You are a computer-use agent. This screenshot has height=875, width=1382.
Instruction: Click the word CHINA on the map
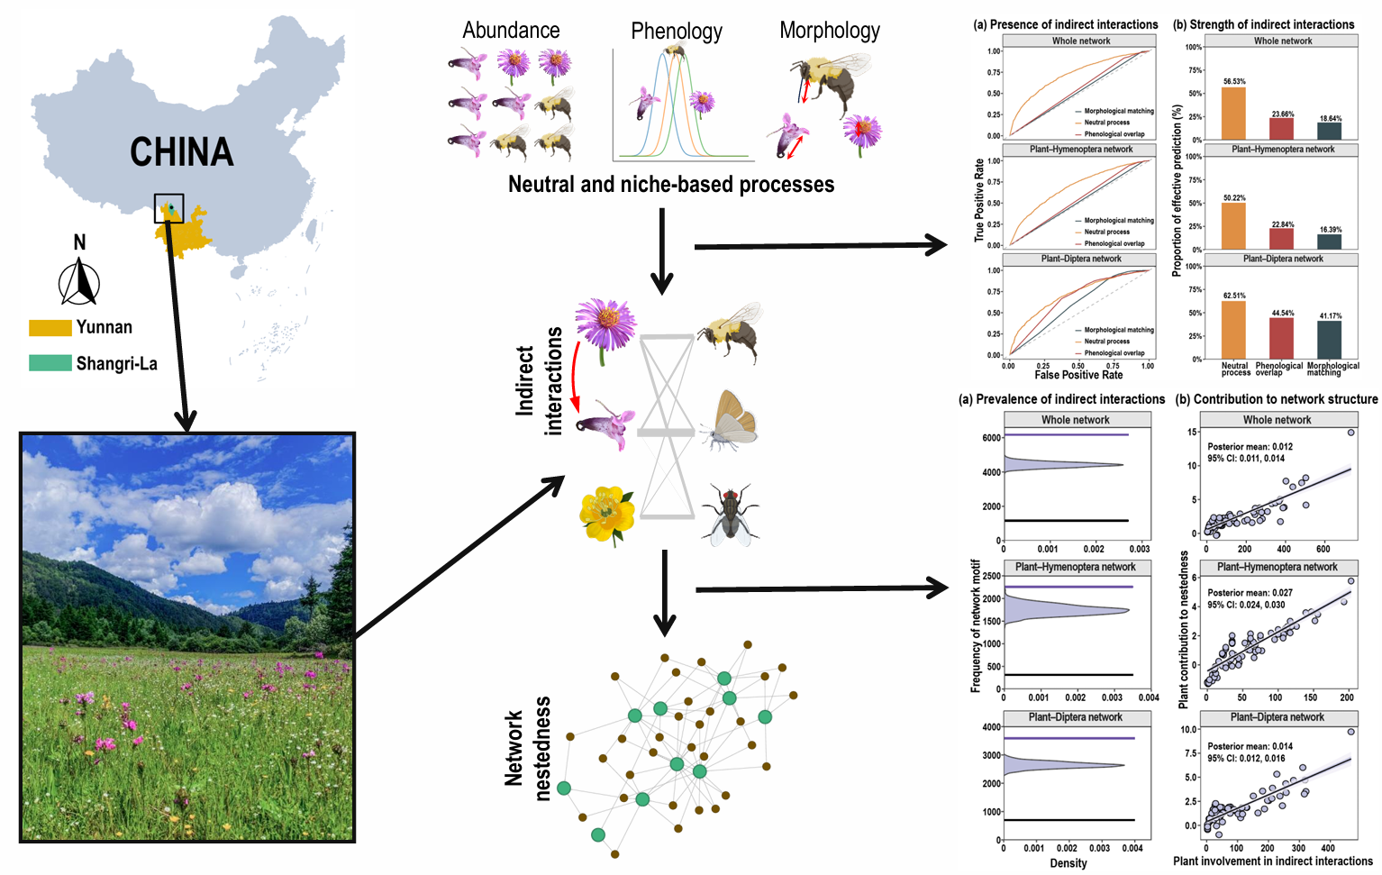tap(181, 151)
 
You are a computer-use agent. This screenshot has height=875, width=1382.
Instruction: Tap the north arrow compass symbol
tap(79, 281)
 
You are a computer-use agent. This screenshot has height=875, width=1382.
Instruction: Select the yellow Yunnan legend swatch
tap(50, 328)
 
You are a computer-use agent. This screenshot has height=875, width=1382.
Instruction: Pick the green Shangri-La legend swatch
tap(50, 363)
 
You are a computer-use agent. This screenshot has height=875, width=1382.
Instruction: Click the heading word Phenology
tap(677, 32)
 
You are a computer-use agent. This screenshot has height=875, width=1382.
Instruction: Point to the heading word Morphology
tap(830, 31)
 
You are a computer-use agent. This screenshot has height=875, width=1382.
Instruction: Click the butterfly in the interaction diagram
tap(732, 421)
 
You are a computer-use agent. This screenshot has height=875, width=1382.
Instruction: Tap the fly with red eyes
tap(731, 515)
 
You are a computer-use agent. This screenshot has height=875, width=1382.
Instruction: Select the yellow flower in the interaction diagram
tap(606, 515)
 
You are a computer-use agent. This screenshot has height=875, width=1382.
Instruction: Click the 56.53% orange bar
tap(1233, 114)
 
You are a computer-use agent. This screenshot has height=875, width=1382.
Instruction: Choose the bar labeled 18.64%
tap(1330, 131)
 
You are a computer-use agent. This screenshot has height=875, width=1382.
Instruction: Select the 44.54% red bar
tap(1281, 338)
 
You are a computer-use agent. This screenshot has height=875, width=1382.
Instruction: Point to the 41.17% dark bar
tap(1329, 340)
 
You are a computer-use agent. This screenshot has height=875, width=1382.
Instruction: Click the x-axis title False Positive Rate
tap(1078, 375)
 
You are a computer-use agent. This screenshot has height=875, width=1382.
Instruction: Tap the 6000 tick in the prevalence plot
tap(991, 438)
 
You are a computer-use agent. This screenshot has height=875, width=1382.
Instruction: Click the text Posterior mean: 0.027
tap(1250, 593)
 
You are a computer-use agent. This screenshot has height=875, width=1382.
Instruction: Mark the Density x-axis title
tap(1068, 863)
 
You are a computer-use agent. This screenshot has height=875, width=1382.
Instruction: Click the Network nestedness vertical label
tap(527, 749)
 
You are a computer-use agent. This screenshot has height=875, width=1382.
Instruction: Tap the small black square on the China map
tap(168, 208)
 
